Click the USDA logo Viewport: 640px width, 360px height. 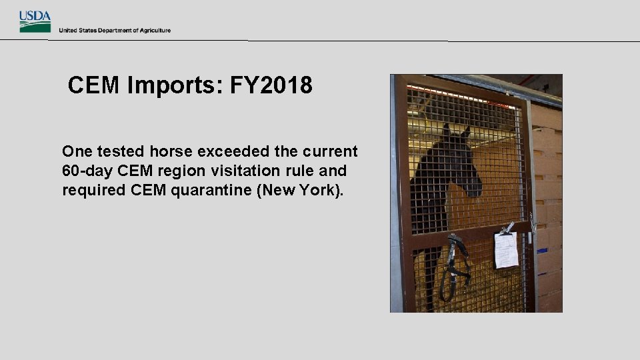point(35,21)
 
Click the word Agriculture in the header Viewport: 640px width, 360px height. point(155,30)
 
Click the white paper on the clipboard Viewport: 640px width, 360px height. point(506,250)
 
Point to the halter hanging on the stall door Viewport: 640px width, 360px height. point(456,263)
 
